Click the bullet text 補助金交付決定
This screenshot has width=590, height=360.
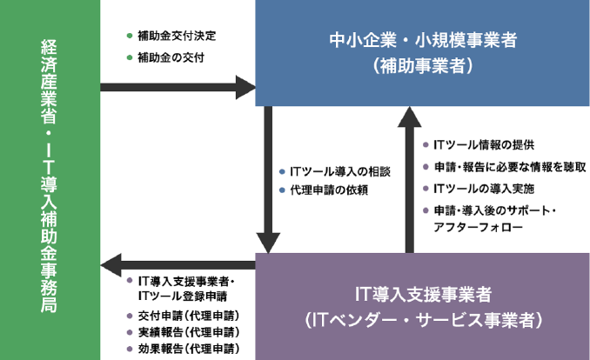click(x=177, y=36)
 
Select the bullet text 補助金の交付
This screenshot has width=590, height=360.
click(x=171, y=57)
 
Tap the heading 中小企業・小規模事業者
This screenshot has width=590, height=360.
click(x=423, y=40)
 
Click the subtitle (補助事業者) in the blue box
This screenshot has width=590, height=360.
click(x=423, y=65)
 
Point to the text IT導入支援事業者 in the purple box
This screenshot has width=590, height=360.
click(x=423, y=294)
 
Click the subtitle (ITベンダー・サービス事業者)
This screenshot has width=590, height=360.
click(x=423, y=320)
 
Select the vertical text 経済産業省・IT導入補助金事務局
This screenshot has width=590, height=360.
click(x=49, y=177)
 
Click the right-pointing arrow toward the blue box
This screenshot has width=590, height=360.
click(x=178, y=87)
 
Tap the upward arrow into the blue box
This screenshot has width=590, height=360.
click(x=409, y=180)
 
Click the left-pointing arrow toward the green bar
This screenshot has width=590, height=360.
click(x=178, y=265)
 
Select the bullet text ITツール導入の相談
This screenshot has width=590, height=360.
click(x=340, y=172)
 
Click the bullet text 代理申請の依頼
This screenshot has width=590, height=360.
click(x=329, y=190)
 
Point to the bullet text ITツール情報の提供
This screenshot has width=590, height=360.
click(x=484, y=145)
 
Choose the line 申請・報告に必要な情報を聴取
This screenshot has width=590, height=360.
click(x=510, y=167)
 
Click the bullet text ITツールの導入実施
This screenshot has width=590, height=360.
click(x=484, y=189)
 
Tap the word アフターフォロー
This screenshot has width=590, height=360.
click(x=478, y=227)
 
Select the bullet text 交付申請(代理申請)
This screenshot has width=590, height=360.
click(x=189, y=316)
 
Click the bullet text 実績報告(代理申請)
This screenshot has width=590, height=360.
click(x=189, y=332)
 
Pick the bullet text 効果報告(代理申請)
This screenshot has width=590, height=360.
click(x=189, y=349)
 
